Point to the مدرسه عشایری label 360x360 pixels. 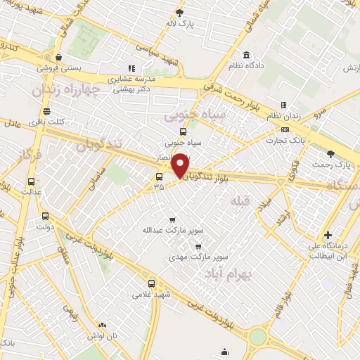(131, 79)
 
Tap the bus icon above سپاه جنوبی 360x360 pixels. (183, 131)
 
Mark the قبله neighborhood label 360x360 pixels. (238, 201)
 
